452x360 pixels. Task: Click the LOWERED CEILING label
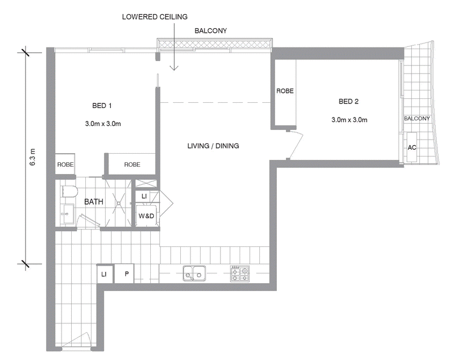(x=155, y=17)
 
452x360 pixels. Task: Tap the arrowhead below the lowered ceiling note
(x=174, y=68)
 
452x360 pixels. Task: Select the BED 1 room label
(x=102, y=106)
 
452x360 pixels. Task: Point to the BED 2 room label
(x=349, y=102)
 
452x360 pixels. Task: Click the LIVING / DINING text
(x=213, y=146)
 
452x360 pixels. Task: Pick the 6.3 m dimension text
(x=32, y=157)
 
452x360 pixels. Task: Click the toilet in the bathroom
(x=69, y=192)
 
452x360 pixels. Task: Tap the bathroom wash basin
(x=68, y=214)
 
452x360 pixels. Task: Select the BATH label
(x=94, y=202)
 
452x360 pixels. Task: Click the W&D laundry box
(x=146, y=215)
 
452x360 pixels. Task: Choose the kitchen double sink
(x=194, y=273)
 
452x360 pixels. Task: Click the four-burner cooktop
(x=240, y=273)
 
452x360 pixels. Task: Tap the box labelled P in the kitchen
(x=124, y=274)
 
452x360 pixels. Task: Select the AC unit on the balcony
(x=412, y=148)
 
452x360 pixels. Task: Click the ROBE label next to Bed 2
(x=285, y=91)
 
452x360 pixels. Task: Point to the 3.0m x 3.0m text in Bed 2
(x=349, y=120)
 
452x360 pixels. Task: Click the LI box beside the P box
(x=104, y=274)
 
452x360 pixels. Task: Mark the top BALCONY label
(x=211, y=31)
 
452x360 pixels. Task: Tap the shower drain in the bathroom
(x=119, y=203)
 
